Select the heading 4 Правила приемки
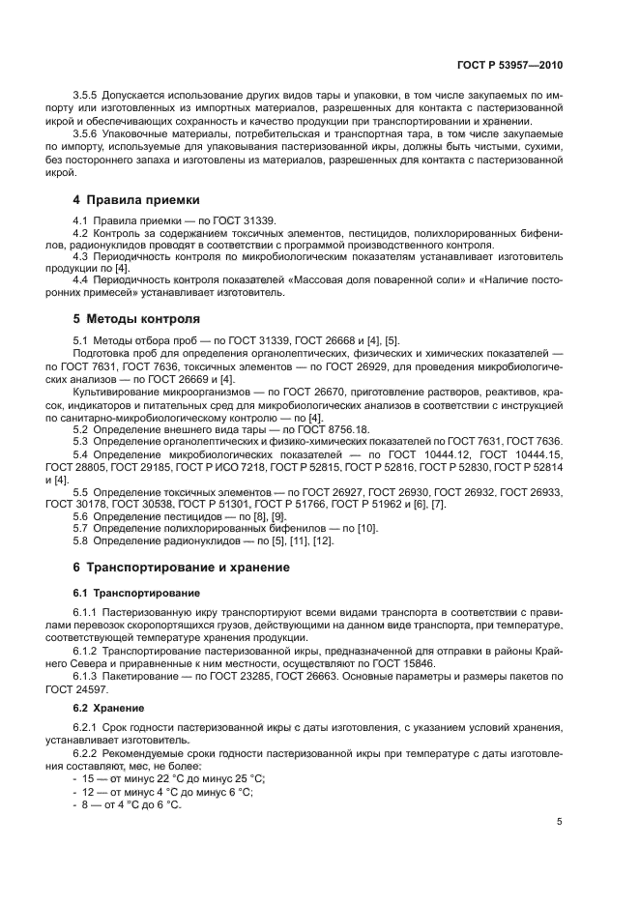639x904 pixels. click(x=136, y=200)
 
